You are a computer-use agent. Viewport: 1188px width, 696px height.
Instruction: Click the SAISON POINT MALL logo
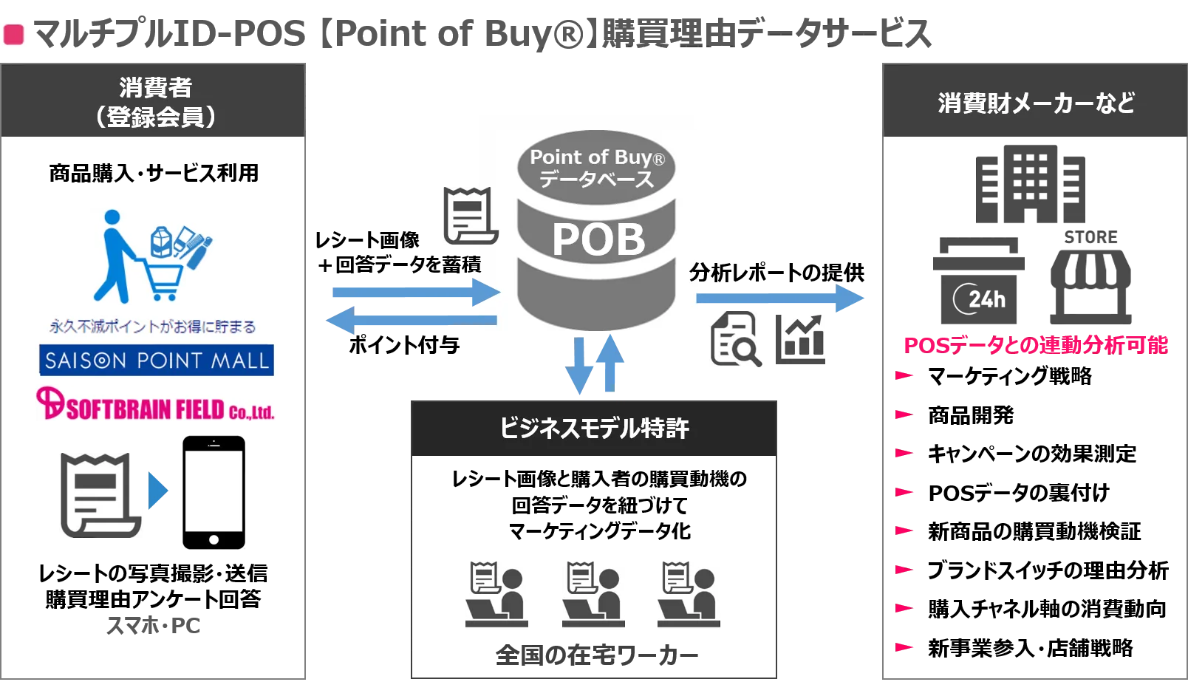click(157, 361)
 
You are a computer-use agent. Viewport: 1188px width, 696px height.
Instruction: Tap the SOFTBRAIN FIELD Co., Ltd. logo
click(155, 404)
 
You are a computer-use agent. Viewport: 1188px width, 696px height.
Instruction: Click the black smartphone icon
click(214, 492)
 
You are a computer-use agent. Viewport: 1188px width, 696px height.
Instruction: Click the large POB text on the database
click(598, 240)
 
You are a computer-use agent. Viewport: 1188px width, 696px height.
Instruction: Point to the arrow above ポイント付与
click(412, 320)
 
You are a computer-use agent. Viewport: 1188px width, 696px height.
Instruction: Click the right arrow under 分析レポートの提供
click(780, 298)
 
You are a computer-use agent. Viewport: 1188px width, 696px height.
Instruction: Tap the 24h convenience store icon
click(979, 281)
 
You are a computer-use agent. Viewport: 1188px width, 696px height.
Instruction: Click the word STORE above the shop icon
click(1090, 237)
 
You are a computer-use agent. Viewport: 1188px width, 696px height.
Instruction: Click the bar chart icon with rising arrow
click(800, 339)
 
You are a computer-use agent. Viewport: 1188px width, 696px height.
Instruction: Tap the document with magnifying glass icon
click(736, 339)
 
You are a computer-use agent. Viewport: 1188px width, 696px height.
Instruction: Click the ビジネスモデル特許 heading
click(594, 428)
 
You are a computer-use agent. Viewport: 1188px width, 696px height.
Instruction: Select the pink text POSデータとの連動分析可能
click(1036, 345)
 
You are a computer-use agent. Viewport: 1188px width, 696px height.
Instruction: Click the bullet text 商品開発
click(971, 415)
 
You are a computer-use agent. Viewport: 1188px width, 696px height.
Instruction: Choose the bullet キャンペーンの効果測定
click(1031, 454)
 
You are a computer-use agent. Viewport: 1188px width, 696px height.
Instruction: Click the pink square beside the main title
click(14, 35)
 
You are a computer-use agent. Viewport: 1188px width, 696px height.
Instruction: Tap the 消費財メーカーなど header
click(1036, 103)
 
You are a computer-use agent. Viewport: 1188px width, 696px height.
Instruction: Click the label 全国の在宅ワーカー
click(597, 655)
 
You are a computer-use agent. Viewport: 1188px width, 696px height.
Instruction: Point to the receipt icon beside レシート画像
click(471, 216)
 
